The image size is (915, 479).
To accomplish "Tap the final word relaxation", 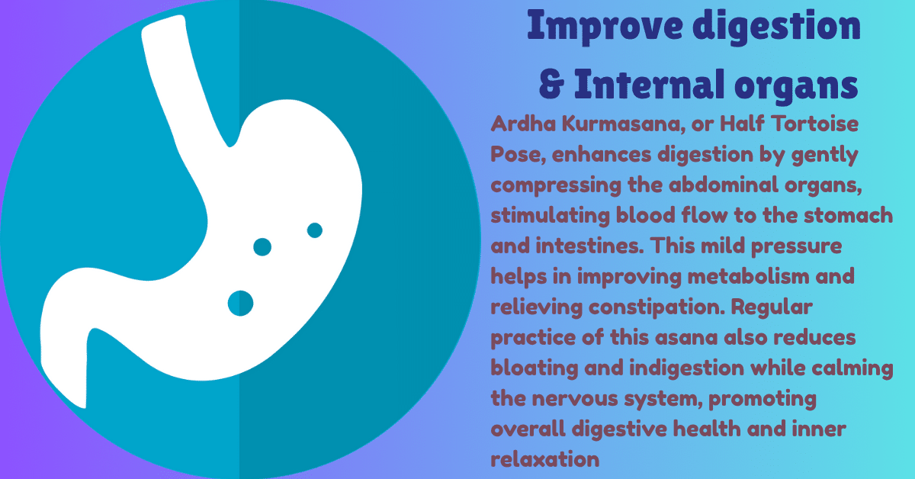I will click(x=544, y=459).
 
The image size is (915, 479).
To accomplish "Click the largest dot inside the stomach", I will click(x=241, y=303).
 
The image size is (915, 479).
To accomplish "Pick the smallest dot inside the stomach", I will click(x=314, y=230).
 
